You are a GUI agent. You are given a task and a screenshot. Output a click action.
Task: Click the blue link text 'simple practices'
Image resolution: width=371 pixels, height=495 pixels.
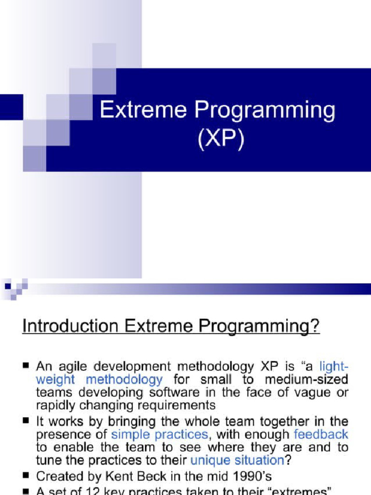(x=160, y=434)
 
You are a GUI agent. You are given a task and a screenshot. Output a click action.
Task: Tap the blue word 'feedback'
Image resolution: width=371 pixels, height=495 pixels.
(x=321, y=434)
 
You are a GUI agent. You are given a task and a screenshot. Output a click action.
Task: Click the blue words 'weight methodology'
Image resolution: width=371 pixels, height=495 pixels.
(x=99, y=379)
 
